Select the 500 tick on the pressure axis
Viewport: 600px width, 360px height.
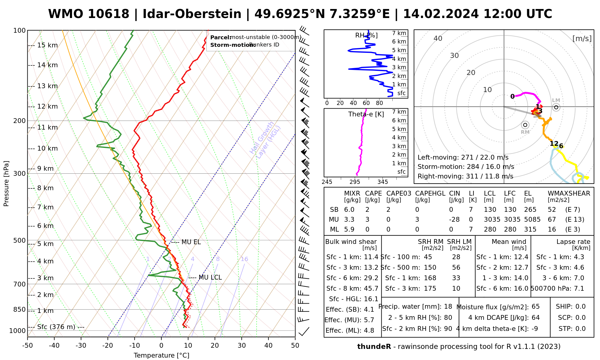[19, 241]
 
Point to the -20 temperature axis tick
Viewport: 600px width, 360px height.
[108, 346]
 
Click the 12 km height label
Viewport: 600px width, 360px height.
[47, 106]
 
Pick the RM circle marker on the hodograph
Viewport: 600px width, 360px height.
[525, 125]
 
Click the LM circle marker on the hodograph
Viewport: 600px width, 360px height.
[556, 107]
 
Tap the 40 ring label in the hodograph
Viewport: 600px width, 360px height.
[438, 38]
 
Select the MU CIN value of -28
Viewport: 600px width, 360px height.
[454, 220]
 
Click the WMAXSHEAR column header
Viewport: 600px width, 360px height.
[569, 193]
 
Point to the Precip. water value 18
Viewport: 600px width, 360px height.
[448, 307]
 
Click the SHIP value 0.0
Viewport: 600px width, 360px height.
[580, 307]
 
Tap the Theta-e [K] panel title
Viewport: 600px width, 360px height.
[366, 114]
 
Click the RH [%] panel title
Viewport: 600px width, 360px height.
[366, 35]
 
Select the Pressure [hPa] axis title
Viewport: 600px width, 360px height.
[6, 184]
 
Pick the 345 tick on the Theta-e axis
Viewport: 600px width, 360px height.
[382, 182]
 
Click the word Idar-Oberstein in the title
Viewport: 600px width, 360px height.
[192, 14]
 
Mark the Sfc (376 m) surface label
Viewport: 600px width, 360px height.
[56, 327]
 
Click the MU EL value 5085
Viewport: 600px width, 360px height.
[532, 220]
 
